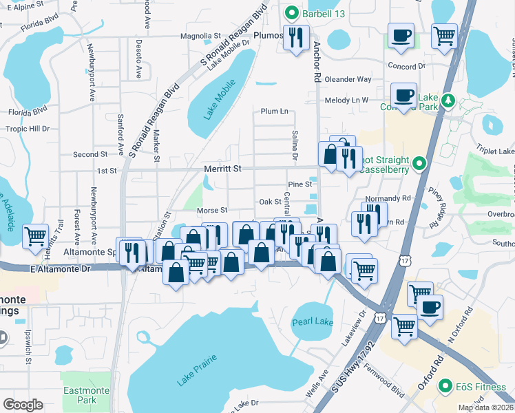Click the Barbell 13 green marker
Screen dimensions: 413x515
pos(292,12)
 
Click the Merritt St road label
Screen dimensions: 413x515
pos(222,168)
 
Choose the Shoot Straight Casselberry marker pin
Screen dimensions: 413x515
pos(419,164)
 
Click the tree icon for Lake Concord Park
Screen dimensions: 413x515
pos(448,101)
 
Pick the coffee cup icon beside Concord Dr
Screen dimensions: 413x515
pos(400,36)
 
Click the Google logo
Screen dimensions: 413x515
pos(23,405)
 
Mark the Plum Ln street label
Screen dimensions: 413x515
pos(274,112)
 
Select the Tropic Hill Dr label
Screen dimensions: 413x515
pos(28,129)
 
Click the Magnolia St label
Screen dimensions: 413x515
pos(200,36)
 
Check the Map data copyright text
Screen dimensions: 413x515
pos(486,407)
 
